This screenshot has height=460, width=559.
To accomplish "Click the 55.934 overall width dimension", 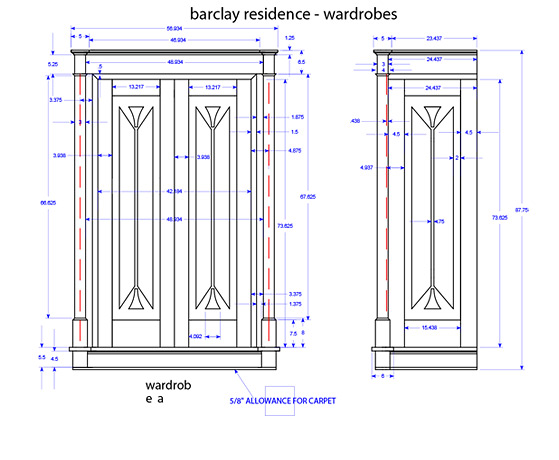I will click(x=175, y=29).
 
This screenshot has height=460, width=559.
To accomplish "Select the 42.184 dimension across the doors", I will click(x=175, y=190).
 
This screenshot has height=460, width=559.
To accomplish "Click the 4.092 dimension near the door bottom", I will click(x=195, y=336).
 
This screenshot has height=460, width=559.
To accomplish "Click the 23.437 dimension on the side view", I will click(x=434, y=38).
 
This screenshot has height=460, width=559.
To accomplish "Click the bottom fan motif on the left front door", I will click(x=134, y=298).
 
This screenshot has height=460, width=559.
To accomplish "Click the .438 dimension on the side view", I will click(x=355, y=120).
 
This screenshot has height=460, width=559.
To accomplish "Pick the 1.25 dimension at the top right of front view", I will click(x=289, y=38).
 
